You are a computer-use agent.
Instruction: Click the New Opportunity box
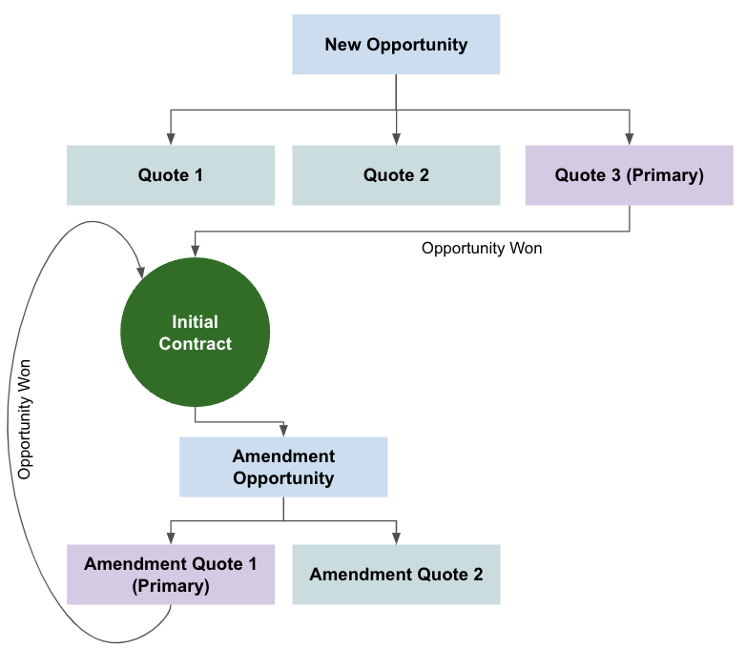(x=396, y=44)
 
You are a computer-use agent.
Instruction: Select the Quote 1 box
(x=171, y=175)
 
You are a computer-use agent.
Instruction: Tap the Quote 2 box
(x=396, y=175)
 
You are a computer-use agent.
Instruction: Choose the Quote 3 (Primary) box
(x=629, y=175)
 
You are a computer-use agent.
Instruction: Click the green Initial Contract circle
(x=195, y=333)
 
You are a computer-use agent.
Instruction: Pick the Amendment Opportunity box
(x=283, y=467)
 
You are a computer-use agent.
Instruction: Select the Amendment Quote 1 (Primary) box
(x=171, y=575)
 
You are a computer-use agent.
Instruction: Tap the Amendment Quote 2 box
(x=396, y=575)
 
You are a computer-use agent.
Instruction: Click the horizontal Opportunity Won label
(x=482, y=248)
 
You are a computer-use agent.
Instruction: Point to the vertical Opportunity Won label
(x=27, y=419)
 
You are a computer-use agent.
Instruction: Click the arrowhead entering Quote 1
(x=171, y=139)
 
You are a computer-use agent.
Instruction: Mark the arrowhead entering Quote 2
(x=396, y=139)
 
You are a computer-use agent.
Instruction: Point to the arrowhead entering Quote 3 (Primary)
(x=629, y=139)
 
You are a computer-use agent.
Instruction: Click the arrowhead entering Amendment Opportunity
(x=283, y=431)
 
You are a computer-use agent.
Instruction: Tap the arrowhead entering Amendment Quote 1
(x=171, y=538)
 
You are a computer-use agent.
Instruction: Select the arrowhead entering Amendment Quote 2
(x=396, y=538)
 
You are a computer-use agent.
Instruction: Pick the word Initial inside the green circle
(x=195, y=322)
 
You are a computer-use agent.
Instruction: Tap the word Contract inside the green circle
(x=195, y=344)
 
